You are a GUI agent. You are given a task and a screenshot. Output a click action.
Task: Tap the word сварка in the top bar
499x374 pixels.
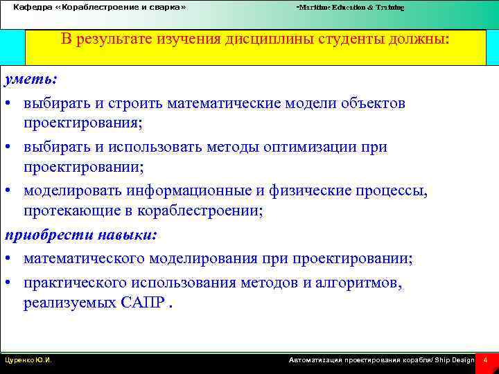pos(162,7)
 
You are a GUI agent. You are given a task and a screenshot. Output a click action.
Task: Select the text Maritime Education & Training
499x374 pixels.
pos(351,8)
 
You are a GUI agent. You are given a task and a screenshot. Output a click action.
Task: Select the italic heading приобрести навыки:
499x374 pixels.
pos(81,235)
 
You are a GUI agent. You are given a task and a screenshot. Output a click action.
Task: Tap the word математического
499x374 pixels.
pos(82,259)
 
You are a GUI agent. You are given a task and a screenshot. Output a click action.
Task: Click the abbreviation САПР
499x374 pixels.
pos(142,303)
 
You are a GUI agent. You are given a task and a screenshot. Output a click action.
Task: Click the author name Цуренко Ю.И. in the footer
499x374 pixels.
pos(28,361)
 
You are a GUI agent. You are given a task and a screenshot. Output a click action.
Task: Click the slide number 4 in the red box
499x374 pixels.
pos(486,361)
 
